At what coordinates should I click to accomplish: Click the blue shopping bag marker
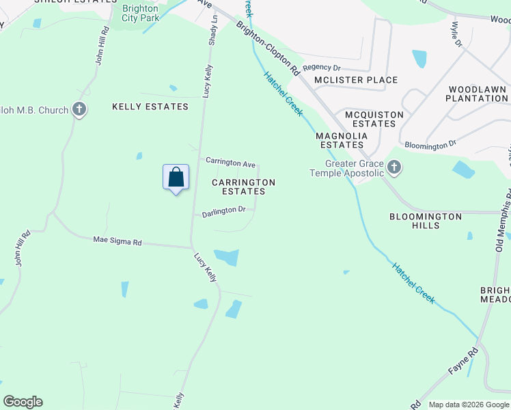coord(176,177)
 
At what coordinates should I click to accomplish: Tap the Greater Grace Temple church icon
coord(394,167)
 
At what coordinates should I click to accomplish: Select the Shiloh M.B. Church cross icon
coord(79,109)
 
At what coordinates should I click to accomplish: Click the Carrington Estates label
coord(243,187)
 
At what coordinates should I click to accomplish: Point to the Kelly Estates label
coord(150,107)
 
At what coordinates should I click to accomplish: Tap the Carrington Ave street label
coord(231,163)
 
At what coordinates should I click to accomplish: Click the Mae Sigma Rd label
coord(118,241)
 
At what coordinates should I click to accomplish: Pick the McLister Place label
coord(355,80)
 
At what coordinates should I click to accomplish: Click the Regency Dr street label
coord(321,68)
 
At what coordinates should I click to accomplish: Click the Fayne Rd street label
coord(462,361)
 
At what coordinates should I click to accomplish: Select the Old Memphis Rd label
coord(499,219)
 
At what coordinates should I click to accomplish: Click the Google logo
coord(23,402)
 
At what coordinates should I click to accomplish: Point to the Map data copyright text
coord(468,405)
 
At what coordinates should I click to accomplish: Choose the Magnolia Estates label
coord(342,140)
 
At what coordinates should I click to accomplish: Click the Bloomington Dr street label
coord(430,145)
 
